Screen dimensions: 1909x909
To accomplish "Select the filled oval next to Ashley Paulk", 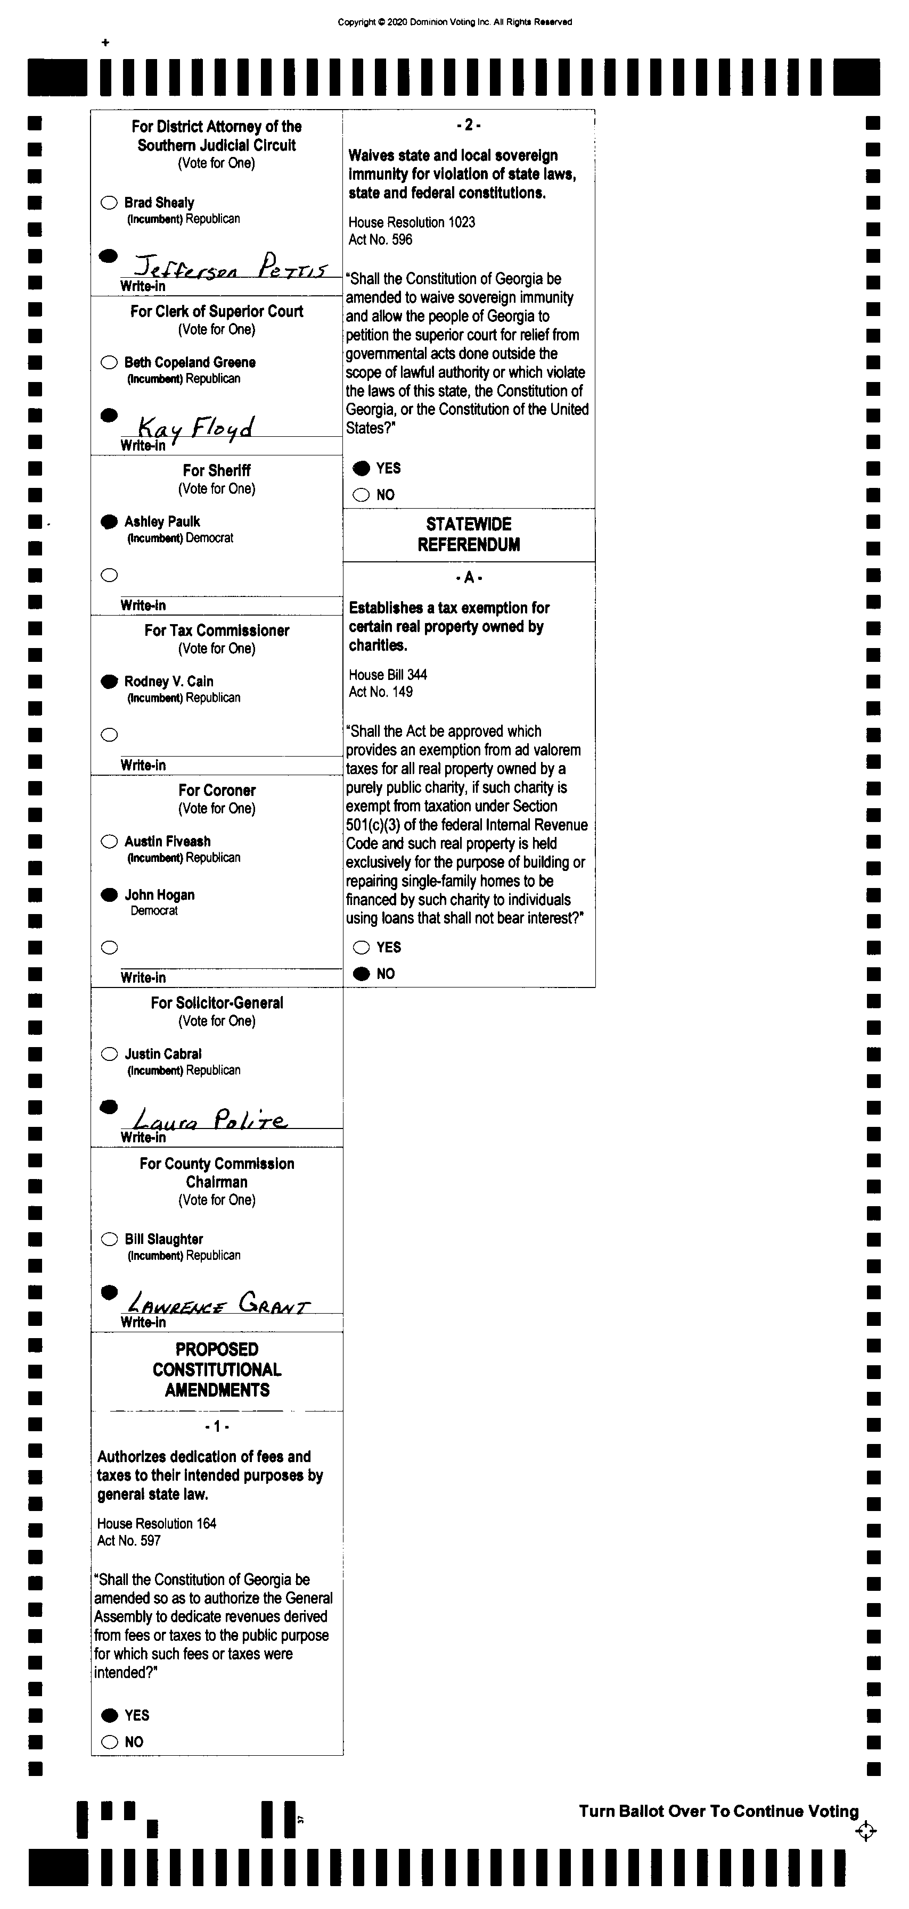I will pyautogui.click(x=109, y=522).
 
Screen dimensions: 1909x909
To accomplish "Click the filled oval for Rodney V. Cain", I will pyautogui.click(x=109, y=681).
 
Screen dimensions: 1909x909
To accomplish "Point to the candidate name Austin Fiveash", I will pyautogui.click(x=168, y=841).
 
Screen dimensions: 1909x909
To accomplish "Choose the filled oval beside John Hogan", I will pyautogui.click(x=109, y=894).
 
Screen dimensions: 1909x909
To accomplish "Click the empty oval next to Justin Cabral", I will pyautogui.click(x=109, y=1054).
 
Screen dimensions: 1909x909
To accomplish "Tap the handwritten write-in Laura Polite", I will pyautogui.click(x=210, y=1119).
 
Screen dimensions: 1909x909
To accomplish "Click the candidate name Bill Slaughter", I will pyautogui.click(x=164, y=1239).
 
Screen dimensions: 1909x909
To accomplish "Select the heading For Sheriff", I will pyautogui.click(x=217, y=470).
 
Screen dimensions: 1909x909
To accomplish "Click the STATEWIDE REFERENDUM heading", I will pyautogui.click(x=469, y=534).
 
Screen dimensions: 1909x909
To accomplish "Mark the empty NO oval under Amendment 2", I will pyautogui.click(x=361, y=495).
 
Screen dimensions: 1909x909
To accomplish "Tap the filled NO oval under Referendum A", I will pyautogui.click(x=361, y=974).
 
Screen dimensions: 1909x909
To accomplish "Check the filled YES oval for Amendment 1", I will pyautogui.click(x=109, y=1715).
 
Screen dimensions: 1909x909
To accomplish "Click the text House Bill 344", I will pyautogui.click(x=388, y=675).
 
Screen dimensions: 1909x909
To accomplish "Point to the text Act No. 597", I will pyautogui.click(x=129, y=1541).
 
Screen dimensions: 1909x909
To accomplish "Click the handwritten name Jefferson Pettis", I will pyautogui.click(x=230, y=266).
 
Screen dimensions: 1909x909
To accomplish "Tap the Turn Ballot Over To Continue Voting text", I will pyautogui.click(x=718, y=1811).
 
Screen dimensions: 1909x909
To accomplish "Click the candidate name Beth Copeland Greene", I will pyautogui.click(x=190, y=362).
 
